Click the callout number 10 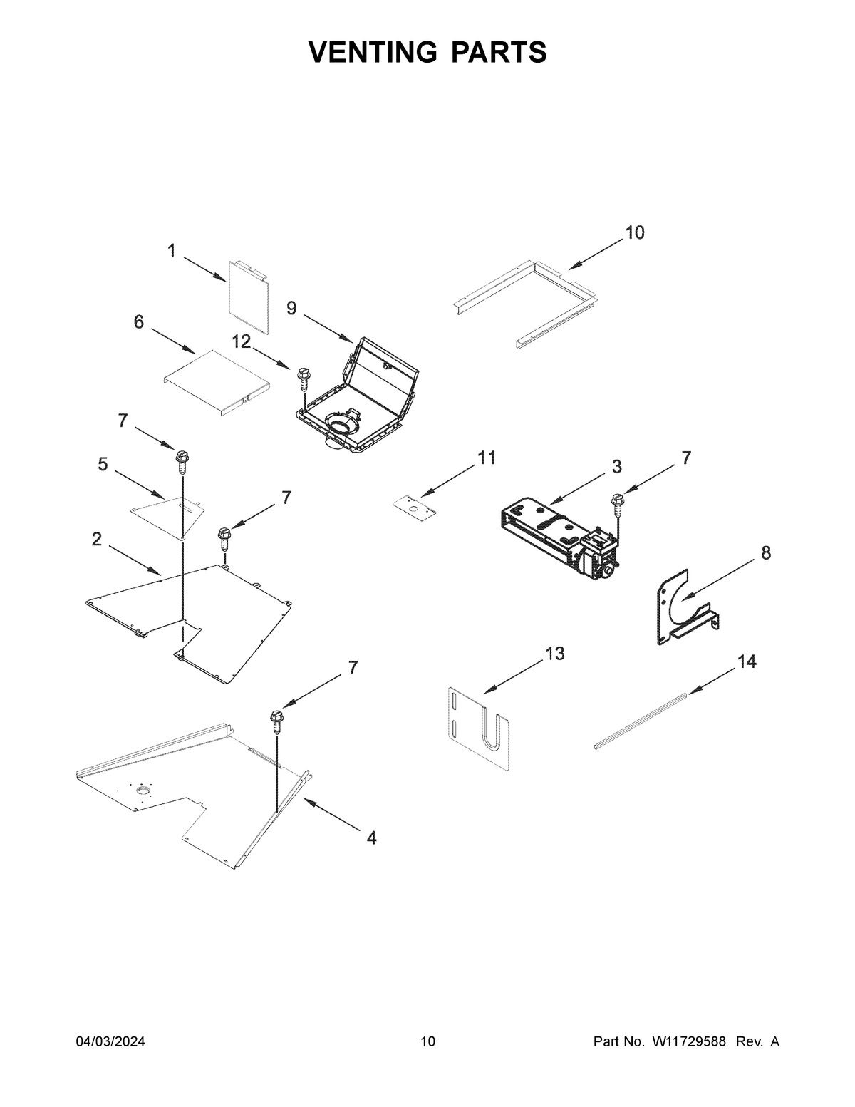[x=634, y=232]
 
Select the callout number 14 [x=746, y=661]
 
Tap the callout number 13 [x=555, y=653]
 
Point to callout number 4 [x=371, y=838]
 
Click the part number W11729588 [x=687, y=1042]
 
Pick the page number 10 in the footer [x=427, y=1042]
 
